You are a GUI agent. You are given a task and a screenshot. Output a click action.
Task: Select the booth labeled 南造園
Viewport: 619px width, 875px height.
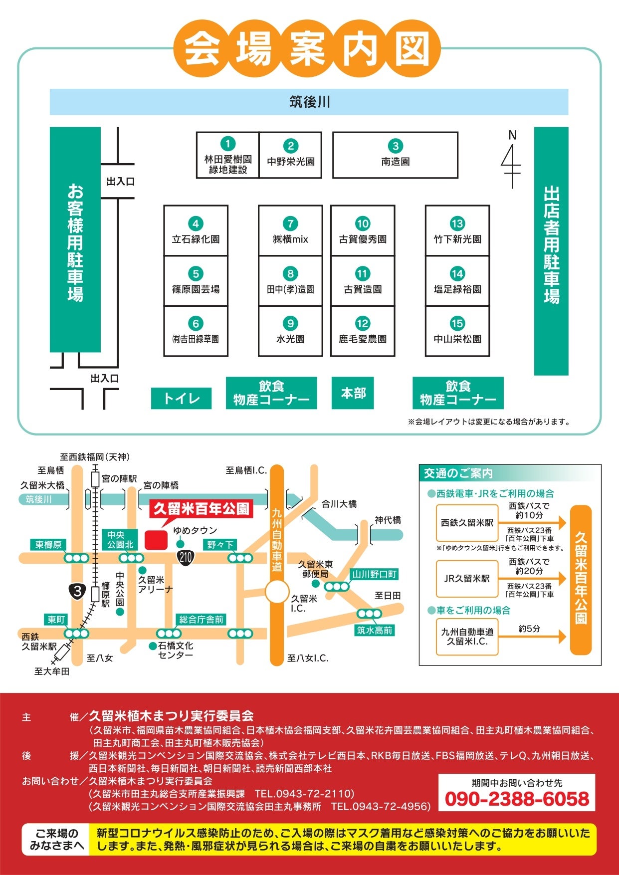(x=395, y=155)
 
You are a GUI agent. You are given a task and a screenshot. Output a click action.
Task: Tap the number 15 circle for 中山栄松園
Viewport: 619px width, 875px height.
(x=457, y=323)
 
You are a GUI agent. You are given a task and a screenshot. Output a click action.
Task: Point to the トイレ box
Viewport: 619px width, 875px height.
(x=181, y=398)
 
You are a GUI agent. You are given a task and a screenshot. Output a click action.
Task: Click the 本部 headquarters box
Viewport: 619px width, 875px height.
(x=353, y=393)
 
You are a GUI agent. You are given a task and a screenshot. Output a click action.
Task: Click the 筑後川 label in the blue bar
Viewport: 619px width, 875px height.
(x=309, y=102)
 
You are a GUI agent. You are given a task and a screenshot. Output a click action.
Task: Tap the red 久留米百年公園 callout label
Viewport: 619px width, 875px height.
(x=201, y=509)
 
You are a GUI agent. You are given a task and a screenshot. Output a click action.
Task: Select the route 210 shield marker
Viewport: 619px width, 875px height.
(x=186, y=556)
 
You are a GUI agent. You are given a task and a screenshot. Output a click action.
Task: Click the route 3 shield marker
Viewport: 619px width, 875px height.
(x=77, y=592)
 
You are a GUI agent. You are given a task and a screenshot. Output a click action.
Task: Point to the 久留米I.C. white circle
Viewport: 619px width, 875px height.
(x=277, y=593)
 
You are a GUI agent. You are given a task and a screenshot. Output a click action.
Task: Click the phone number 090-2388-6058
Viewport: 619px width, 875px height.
(x=517, y=799)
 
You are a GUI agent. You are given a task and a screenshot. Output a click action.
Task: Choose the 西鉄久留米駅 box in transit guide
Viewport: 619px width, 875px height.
(x=467, y=523)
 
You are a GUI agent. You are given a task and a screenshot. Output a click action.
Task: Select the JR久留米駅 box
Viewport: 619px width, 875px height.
(x=467, y=579)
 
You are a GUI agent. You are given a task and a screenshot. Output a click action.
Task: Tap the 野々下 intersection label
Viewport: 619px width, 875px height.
(x=220, y=545)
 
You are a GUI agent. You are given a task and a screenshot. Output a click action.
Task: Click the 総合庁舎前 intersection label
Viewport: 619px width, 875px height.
(x=201, y=620)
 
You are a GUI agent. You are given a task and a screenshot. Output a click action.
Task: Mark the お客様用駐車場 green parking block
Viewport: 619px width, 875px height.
(x=75, y=239)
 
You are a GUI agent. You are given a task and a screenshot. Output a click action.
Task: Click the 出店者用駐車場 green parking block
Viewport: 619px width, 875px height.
(x=551, y=250)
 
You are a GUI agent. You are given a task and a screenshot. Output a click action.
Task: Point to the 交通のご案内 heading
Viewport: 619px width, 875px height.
(x=458, y=473)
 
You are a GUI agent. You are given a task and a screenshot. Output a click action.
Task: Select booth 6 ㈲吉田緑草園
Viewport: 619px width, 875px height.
(x=196, y=331)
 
